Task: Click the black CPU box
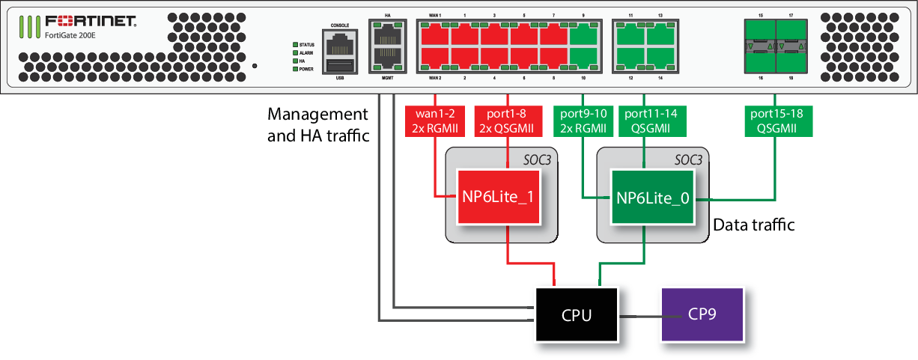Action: [x=577, y=314]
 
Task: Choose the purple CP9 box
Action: [x=702, y=314]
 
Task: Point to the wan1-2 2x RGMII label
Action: [x=435, y=120]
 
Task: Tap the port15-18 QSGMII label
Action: [x=776, y=120]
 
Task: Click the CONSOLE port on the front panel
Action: [x=340, y=40]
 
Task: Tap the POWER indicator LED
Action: [x=296, y=69]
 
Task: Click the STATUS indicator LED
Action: [x=296, y=45]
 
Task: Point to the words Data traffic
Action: [x=753, y=225]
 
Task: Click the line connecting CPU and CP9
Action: [x=639, y=315]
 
